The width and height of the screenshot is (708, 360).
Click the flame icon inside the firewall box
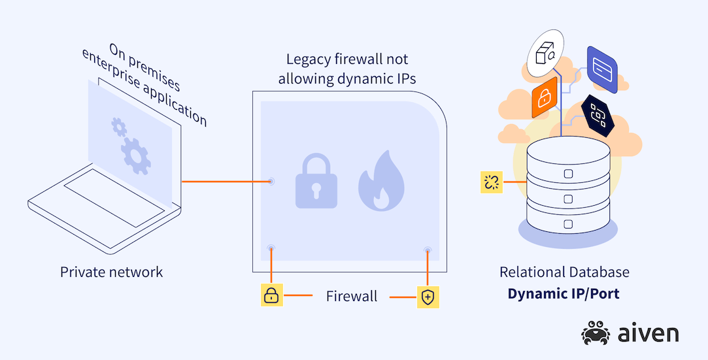(380, 181)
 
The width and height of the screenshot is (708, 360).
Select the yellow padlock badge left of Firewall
(271, 296)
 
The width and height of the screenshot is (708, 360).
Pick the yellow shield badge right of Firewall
(428, 297)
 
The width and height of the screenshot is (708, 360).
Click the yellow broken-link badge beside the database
(491, 182)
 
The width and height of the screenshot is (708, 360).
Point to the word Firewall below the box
(352, 297)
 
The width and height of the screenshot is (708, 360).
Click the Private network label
(111, 272)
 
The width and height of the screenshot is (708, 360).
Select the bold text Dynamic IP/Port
(563, 294)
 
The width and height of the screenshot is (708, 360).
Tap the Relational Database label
(564, 272)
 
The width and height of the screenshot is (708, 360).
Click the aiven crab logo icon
(596, 333)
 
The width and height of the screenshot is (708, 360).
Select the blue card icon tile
(601, 68)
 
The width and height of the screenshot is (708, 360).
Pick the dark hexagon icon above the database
(598, 116)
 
